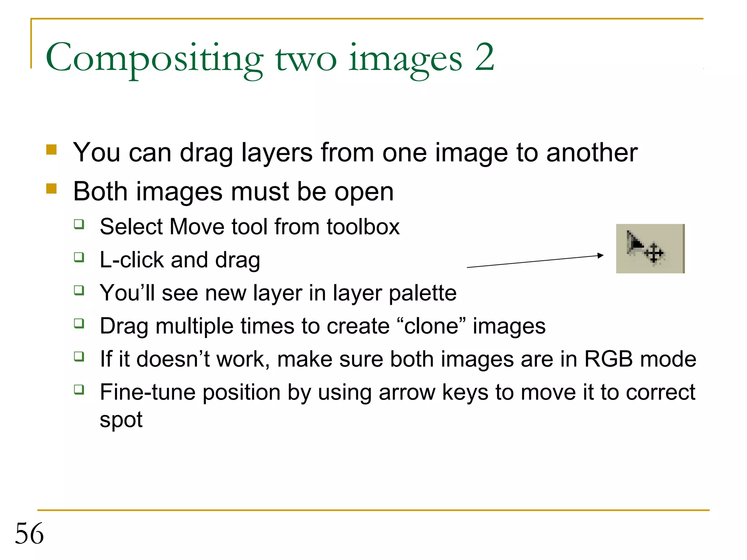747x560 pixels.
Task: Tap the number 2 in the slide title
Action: (484, 57)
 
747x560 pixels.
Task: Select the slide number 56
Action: (29, 533)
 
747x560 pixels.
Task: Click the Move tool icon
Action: (650, 248)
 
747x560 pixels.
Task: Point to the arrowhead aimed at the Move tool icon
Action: (600, 256)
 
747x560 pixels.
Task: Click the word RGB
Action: (609, 359)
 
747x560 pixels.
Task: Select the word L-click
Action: (132, 260)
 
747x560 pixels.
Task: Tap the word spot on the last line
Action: (121, 420)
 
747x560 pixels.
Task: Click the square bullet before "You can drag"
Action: (51, 150)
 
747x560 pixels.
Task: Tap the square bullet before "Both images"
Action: (51, 188)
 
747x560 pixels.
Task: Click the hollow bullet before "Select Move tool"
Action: (79, 224)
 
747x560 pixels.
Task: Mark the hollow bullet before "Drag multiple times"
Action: (79, 323)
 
